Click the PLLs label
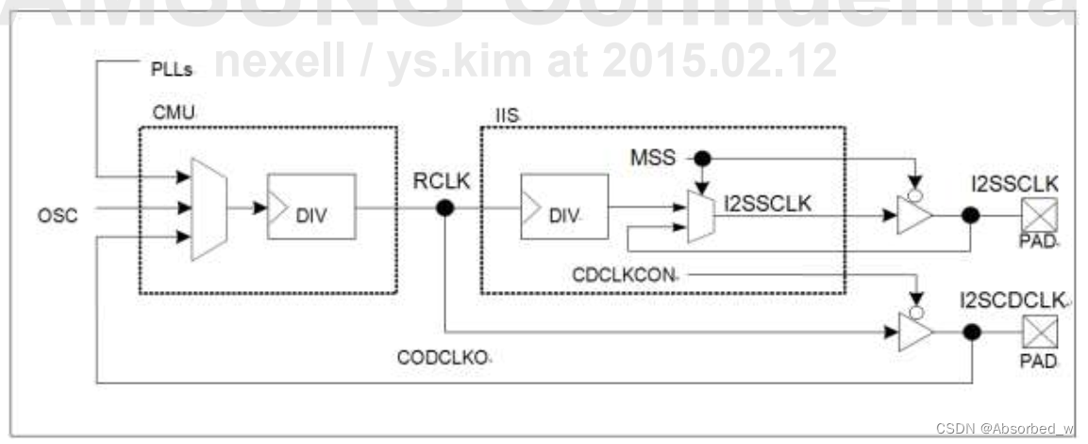pos(173,71)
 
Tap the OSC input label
pos(59,215)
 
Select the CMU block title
pos(173,113)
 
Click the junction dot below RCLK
pos(444,208)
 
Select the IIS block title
pos(507,115)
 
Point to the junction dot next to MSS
pos(701,158)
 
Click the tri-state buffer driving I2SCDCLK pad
pos(913,332)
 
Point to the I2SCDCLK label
pos(1014,300)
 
